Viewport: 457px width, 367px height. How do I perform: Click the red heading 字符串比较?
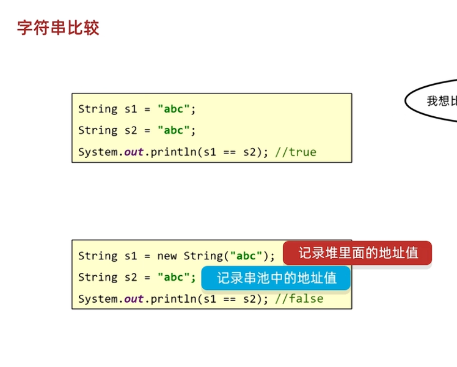pyautogui.click(x=58, y=28)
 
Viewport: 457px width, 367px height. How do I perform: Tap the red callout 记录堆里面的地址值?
pyautogui.click(x=357, y=253)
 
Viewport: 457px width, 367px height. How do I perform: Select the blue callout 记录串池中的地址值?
pyautogui.click(x=276, y=278)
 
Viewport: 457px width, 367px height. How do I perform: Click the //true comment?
pyautogui.click(x=296, y=152)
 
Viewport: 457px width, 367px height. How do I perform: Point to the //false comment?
pyautogui.click(x=299, y=298)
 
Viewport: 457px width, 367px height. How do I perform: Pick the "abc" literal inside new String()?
pyautogui.click(x=246, y=256)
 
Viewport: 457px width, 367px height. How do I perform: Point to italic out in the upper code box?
pyautogui.click(x=133, y=152)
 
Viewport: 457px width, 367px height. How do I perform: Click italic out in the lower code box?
pyautogui.click(x=133, y=298)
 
